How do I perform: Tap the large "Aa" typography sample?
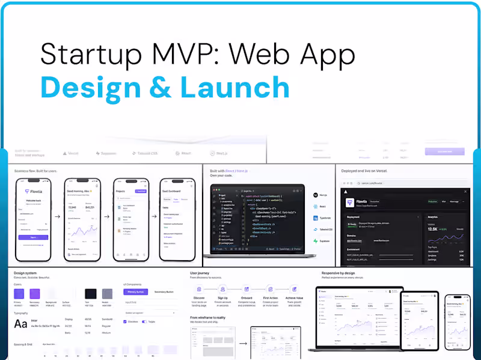[20, 325]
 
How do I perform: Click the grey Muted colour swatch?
[107, 294]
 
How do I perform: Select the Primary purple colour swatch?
[19, 294]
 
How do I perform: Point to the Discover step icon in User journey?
[198, 290]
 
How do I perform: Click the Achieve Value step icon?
[294, 290]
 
